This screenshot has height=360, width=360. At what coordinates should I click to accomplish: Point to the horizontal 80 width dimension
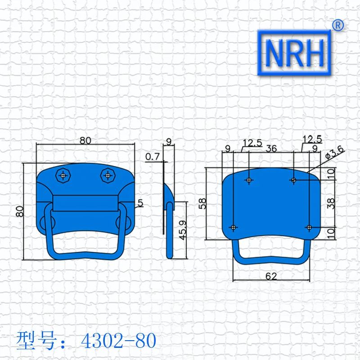(x=85, y=140)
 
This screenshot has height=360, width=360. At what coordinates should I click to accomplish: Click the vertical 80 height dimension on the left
(x=18, y=211)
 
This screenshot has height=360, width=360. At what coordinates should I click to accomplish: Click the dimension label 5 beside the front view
(x=140, y=203)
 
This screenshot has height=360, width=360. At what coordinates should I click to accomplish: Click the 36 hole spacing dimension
(x=271, y=149)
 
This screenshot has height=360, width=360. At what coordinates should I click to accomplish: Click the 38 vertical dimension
(x=331, y=203)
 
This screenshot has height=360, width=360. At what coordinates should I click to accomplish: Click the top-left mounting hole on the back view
(x=249, y=180)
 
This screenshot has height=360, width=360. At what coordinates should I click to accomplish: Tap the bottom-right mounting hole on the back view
(x=309, y=227)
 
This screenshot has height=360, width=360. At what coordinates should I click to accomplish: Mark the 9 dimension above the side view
(x=168, y=141)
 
